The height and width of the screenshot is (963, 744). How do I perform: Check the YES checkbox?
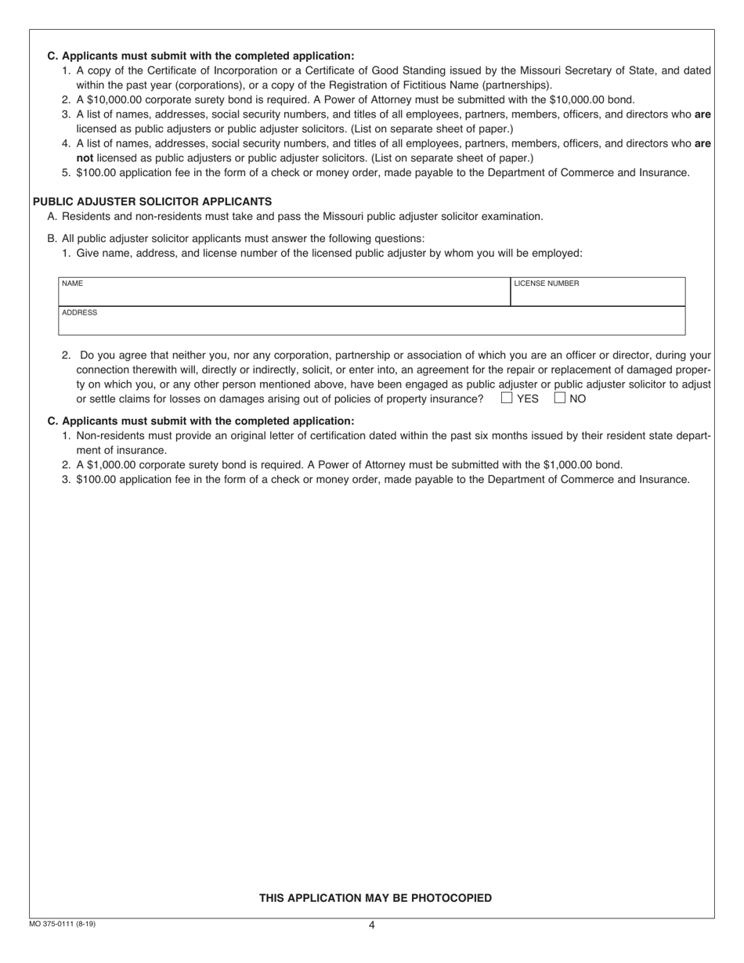pos(507,398)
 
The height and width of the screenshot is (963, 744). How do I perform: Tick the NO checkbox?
pos(560,398)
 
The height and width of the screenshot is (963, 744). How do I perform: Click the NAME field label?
pos(72,283)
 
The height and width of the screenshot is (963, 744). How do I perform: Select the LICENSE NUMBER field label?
pos(546,283)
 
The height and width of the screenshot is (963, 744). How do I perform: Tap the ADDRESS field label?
pos(79,312)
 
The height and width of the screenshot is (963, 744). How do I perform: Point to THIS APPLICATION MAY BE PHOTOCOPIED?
pos(375,898)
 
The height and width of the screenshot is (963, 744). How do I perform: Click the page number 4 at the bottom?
pos(372,925)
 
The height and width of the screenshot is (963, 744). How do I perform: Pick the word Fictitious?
pos(465,85)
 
